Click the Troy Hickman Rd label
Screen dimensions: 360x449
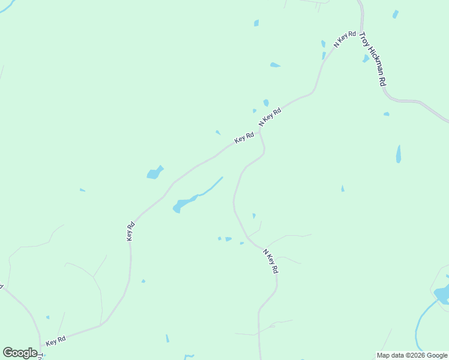(x=372, y=59)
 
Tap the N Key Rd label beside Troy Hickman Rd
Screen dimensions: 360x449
(x=345, y=39)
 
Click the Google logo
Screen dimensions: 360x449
(x=20, y=353)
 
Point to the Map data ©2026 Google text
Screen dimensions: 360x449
(x=412, y=355)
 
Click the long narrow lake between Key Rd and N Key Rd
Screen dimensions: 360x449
(x=192, y=199)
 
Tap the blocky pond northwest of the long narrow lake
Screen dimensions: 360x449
(x=154, y=173)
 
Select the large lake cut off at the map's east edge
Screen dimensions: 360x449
(x=443, y=294)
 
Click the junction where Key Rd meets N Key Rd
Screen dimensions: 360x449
(x=259, y=131)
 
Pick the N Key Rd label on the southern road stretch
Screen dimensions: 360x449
(x=270, y=262)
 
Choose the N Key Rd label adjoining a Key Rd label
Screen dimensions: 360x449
(x=270, y=116)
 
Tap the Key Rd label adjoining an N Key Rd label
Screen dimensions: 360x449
(x=244, y=137)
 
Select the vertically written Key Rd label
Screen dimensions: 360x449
(x=130, y=232)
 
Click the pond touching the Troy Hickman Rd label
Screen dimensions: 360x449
(x=366, y=58)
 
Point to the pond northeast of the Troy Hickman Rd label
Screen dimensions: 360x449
(x=395, y=14)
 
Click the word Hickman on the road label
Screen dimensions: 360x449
(x=373, y=62)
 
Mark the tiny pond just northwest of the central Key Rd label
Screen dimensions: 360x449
(x=218, y=132)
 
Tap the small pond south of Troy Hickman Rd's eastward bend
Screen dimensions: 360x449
(x=387, y=113)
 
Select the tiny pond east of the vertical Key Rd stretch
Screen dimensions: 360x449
(x=143, y=281)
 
